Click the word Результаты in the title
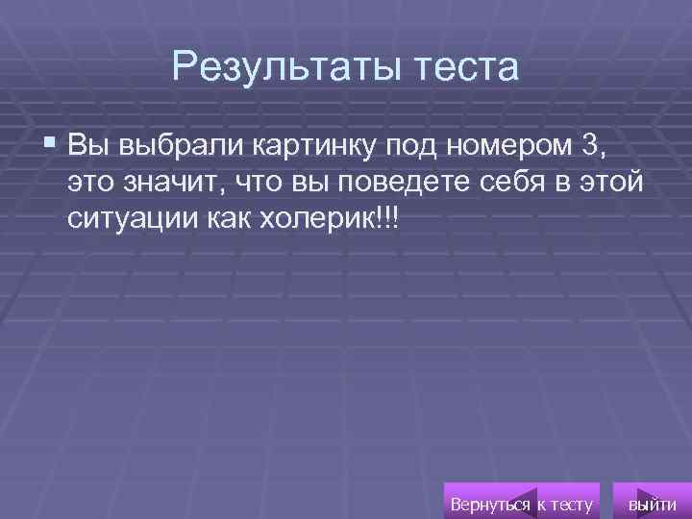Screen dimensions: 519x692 [x=279, y=67]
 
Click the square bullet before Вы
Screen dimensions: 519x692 [x=50, y=145]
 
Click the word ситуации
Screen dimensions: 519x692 [x=133, y=219]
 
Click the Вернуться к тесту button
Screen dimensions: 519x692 [x=522, y=504]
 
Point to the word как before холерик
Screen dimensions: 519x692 [x=229, y=219]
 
